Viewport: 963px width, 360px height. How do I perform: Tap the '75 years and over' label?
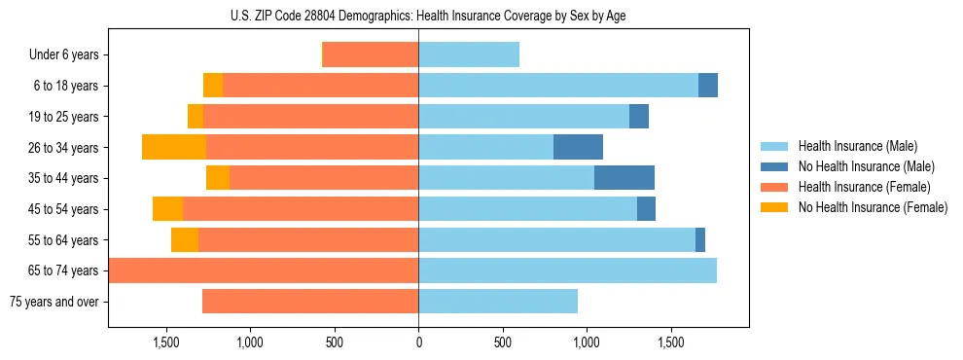point(54,302)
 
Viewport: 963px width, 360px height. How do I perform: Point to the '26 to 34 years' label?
point(63,147)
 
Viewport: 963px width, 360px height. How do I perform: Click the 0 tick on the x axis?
point(418,342)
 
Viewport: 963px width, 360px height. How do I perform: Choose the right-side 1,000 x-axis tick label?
point(587,342)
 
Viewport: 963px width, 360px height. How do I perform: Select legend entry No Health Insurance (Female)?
point(873,207)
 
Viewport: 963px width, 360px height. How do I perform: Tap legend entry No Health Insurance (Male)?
point(866,166)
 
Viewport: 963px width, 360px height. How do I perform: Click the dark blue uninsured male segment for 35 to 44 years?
point(624,178)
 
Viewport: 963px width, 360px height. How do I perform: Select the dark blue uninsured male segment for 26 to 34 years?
point(578,147)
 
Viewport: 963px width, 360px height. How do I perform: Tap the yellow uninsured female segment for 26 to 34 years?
point(174,147)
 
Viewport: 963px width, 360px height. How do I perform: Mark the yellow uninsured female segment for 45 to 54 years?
point(167,209)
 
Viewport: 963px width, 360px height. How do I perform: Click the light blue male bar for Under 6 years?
point(469,54)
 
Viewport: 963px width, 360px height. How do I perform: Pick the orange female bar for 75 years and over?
point(310,302)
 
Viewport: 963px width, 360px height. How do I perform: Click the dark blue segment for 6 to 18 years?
point(708,86)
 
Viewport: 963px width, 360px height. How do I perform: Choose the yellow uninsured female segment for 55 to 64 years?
point(185,239)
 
